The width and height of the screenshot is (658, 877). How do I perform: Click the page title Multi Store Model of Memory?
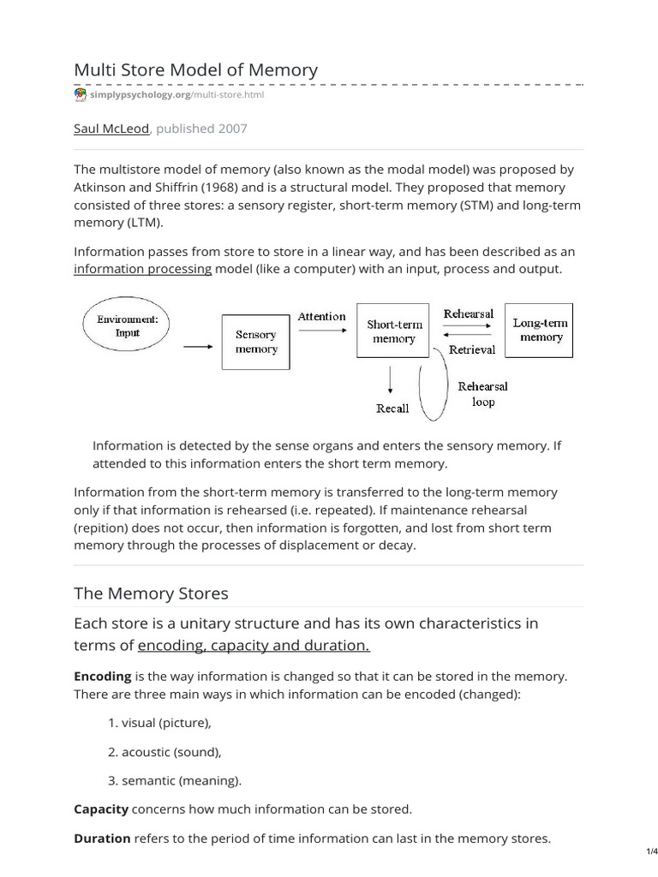(x=196, y=70)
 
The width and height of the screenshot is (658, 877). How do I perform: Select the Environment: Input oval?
(x=128, y=325)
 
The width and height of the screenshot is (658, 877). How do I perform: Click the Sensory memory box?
(x=256, y=342)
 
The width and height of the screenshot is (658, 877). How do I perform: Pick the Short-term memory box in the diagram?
(x=393, y=331)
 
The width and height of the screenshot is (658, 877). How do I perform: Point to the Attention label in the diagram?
(x=321, y=316)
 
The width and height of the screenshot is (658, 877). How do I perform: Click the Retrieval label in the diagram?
(x=472, y=349)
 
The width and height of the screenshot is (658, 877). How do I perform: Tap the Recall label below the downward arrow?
(x=392, y=409)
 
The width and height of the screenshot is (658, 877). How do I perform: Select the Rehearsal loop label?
(x=483, y=394)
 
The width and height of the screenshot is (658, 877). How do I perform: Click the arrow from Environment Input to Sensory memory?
(x=198, y=346)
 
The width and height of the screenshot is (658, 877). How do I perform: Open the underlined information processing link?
(x=142, y=268)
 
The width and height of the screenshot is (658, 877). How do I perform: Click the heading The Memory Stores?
(x=152, y=593)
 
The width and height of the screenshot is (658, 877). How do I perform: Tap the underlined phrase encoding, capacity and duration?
(x=254, y=645)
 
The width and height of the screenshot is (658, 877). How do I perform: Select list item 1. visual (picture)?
(x=159, y=723)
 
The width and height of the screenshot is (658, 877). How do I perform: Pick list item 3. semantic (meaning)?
(x=175, y=779)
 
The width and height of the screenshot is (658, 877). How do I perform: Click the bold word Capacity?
(x=101, y=808)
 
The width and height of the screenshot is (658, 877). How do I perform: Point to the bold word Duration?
(x=103, y=838)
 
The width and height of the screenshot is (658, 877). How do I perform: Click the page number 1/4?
(x=649, y=852)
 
